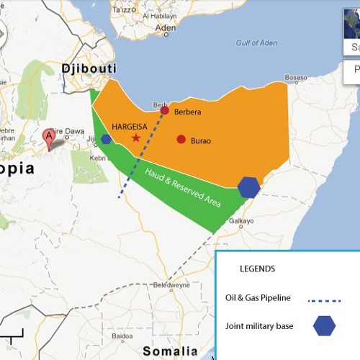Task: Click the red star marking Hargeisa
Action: coord(136,138)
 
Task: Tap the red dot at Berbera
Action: coord(164,110)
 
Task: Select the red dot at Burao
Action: coord(181,139)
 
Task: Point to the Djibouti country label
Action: coord(89,68)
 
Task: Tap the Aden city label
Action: coord(165,29)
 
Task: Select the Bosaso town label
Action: coord(295,78)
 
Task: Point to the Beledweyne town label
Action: coord(171,284)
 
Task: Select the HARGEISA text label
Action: coord(130,126)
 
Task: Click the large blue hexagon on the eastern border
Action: coord(249,186)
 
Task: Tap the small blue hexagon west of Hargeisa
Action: coord(107,139)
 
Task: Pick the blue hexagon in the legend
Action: coord(324,326)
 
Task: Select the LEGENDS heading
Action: coord(257,269)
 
